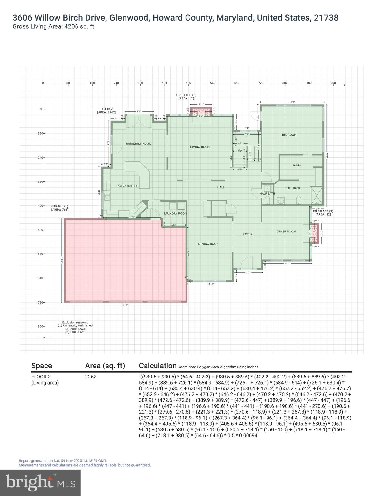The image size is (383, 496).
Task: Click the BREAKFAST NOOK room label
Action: pos(138,144)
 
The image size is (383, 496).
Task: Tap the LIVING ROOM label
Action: pos(200,147)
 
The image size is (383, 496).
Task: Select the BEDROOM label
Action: pos(289,135)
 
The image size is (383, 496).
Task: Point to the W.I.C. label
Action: pos(297,165)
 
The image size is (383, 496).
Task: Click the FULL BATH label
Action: pos(292,188)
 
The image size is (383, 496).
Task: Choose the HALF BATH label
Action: pos(267,194)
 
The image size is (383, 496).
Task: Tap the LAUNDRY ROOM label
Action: pos(175,213)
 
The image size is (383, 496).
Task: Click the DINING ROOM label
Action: pos(208,244)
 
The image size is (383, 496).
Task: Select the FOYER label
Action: pos(247,234)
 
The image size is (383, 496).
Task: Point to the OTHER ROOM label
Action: pos(286,232)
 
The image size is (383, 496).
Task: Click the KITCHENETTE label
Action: pos(127,186)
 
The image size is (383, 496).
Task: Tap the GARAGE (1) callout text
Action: pos(60,206)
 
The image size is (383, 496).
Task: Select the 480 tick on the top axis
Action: pos(188,83)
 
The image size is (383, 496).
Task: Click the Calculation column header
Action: pos(157,366)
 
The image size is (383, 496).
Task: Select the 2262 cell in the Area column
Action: pos(91,377)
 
